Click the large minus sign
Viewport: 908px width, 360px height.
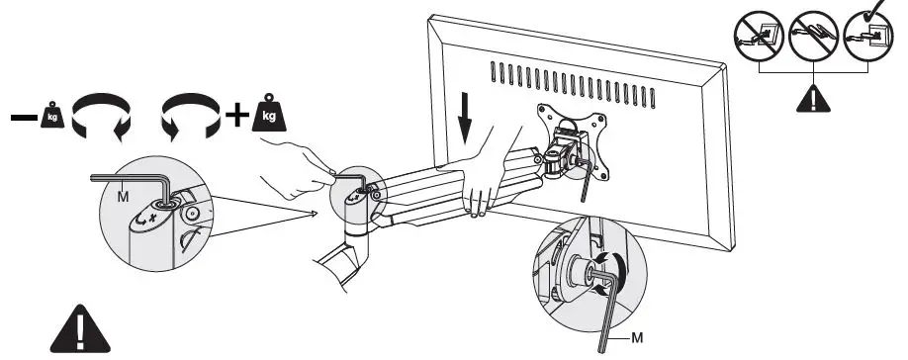[22, 117]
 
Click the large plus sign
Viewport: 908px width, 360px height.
[236, 116]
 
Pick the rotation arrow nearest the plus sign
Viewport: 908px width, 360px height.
[189, 116]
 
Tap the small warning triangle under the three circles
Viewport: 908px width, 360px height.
[812, 99]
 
